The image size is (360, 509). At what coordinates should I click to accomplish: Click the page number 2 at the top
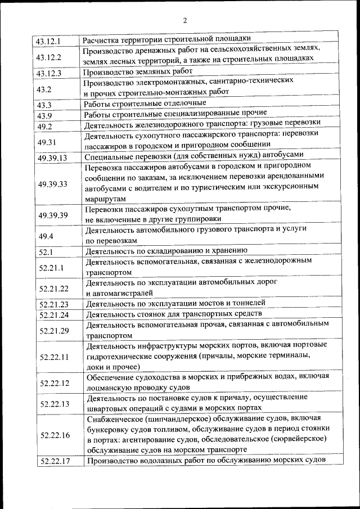point(184,21)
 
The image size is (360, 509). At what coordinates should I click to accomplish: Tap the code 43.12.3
point(48,73)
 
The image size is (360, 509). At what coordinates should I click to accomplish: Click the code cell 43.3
point(44,105)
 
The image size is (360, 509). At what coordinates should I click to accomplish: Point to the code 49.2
point(44,125)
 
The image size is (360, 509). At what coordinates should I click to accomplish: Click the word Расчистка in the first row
point(101,40)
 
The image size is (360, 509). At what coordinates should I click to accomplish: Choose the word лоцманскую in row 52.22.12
point(110,388)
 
